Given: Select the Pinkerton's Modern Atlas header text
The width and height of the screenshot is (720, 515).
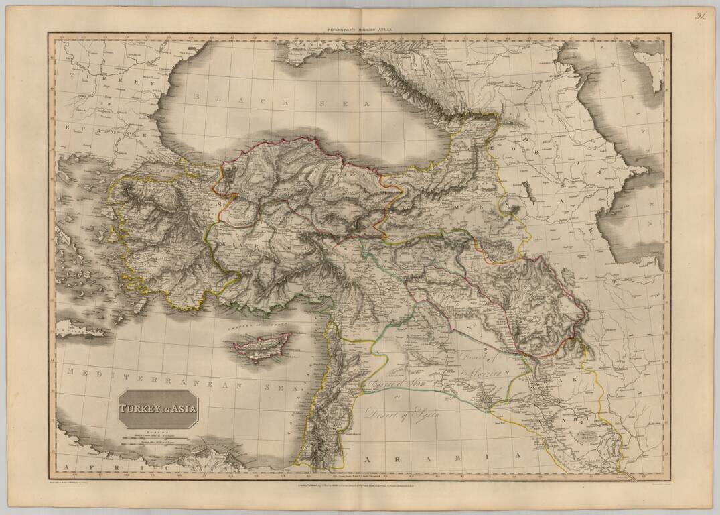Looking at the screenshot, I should [359, 30].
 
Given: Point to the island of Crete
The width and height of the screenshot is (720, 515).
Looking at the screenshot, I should [80, 329].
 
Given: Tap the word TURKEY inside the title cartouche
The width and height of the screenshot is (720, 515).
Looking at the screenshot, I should [139, 406].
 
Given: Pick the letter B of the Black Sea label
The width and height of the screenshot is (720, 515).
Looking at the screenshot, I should [197, 97].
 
